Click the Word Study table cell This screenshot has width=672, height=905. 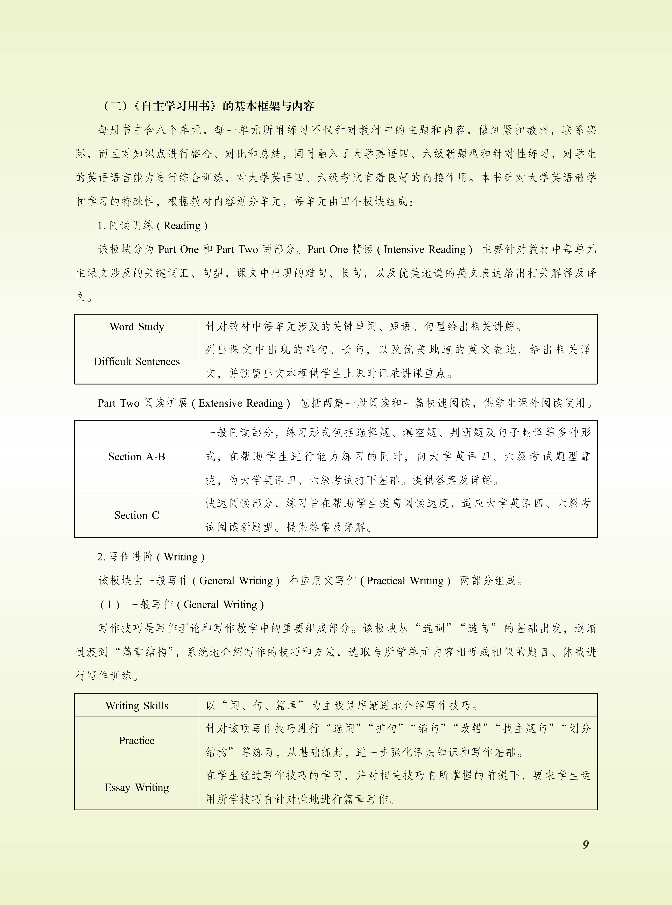click(137, 326)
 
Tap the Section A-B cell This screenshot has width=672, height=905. click(137, 457)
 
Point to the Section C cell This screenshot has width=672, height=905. click(137, 515)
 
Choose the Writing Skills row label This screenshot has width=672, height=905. click(137, 705)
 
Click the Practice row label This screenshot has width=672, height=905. click(137, 740)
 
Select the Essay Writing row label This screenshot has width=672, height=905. click(137, 788)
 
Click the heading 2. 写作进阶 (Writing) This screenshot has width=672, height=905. click(150, 556)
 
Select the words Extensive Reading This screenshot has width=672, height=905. click(241, 403)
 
